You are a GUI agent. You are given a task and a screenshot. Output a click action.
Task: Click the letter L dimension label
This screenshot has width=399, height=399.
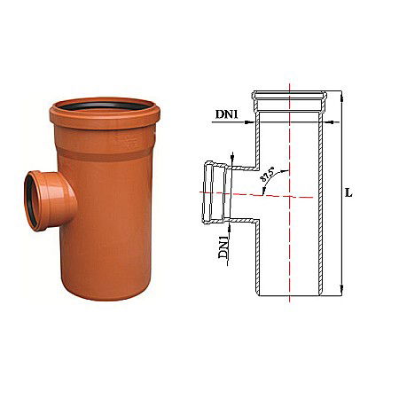[x=348, y=192]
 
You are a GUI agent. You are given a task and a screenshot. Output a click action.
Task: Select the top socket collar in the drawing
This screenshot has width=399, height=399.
[x=291, y=98]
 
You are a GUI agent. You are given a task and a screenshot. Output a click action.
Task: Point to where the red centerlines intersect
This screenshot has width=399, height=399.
[x=290, y=193]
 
